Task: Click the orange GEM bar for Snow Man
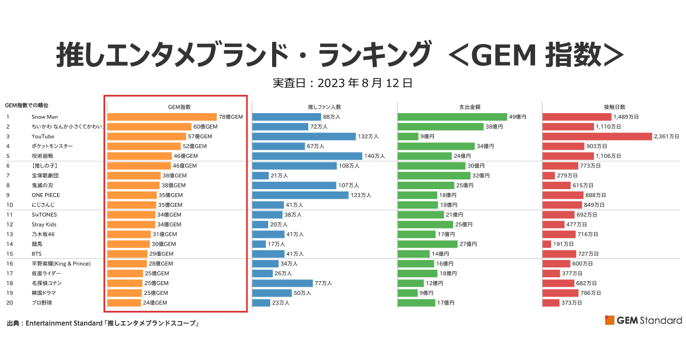[x=162, y=117]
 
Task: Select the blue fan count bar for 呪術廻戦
[x=307, y=156]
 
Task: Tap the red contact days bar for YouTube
[x=597, y=137]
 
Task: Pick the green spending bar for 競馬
[x=428, y=244]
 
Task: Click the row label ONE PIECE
[x=46, y=195]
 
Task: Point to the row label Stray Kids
[x=44, y=225]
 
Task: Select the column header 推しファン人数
[x=324, y=107]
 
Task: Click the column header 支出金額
[x=469, y=107]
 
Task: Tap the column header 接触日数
[x=615, y=107]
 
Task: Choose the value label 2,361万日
[x=667, y=137]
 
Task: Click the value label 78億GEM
[x=231, y=117]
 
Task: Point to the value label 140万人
[x=374, y=156]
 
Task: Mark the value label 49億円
[x=518, y=117]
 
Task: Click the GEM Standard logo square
[x=609, y=320]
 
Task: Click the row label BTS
[x=37, y=254]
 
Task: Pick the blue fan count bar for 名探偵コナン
[x=282, y=283]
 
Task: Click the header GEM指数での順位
[x=26, y=106]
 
